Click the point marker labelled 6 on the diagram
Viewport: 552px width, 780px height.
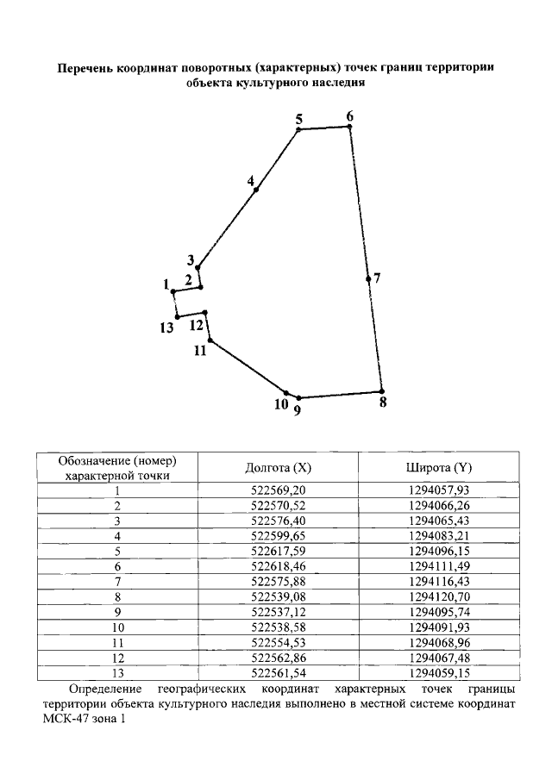[349, 127]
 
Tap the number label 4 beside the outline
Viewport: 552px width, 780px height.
[250, 182]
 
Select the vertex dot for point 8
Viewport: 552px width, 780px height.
[381, 391]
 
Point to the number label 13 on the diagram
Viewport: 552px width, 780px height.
[166, 328]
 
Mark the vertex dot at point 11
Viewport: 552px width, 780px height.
[210, 340]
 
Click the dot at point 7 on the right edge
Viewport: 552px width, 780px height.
[368, 278]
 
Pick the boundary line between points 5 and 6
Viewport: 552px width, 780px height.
[323, 128]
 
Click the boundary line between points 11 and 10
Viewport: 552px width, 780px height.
[248, 367]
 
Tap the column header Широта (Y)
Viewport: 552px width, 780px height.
[439, 468]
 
